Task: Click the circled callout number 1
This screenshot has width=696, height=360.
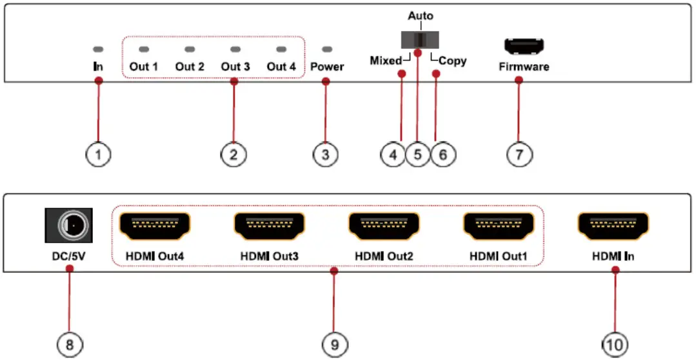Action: tap(98, 154)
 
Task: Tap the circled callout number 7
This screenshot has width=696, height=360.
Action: tap(520, 154)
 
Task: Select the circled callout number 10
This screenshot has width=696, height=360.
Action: tap(615, 345)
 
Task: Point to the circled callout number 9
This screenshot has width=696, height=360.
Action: tap(334, 345)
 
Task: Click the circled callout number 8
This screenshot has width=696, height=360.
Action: tap(69, 345)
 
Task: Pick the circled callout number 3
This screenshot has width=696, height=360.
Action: tap(325, 154)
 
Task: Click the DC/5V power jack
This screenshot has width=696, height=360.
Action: tap(69, 226)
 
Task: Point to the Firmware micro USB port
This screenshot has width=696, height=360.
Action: tap(524, 46)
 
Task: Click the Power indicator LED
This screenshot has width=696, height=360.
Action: tap(327, 49)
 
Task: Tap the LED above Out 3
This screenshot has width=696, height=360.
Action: tap(235, 49)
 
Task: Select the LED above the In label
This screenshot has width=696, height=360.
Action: tap(98, 49)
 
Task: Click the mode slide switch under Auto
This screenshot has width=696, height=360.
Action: tap(419, 39)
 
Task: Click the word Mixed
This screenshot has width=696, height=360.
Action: tap(385, 61)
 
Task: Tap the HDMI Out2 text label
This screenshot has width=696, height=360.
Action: tap(384, 257)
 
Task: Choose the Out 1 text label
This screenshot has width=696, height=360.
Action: tap(143, 66)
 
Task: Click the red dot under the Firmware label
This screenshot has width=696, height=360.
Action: tap(519, 80)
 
